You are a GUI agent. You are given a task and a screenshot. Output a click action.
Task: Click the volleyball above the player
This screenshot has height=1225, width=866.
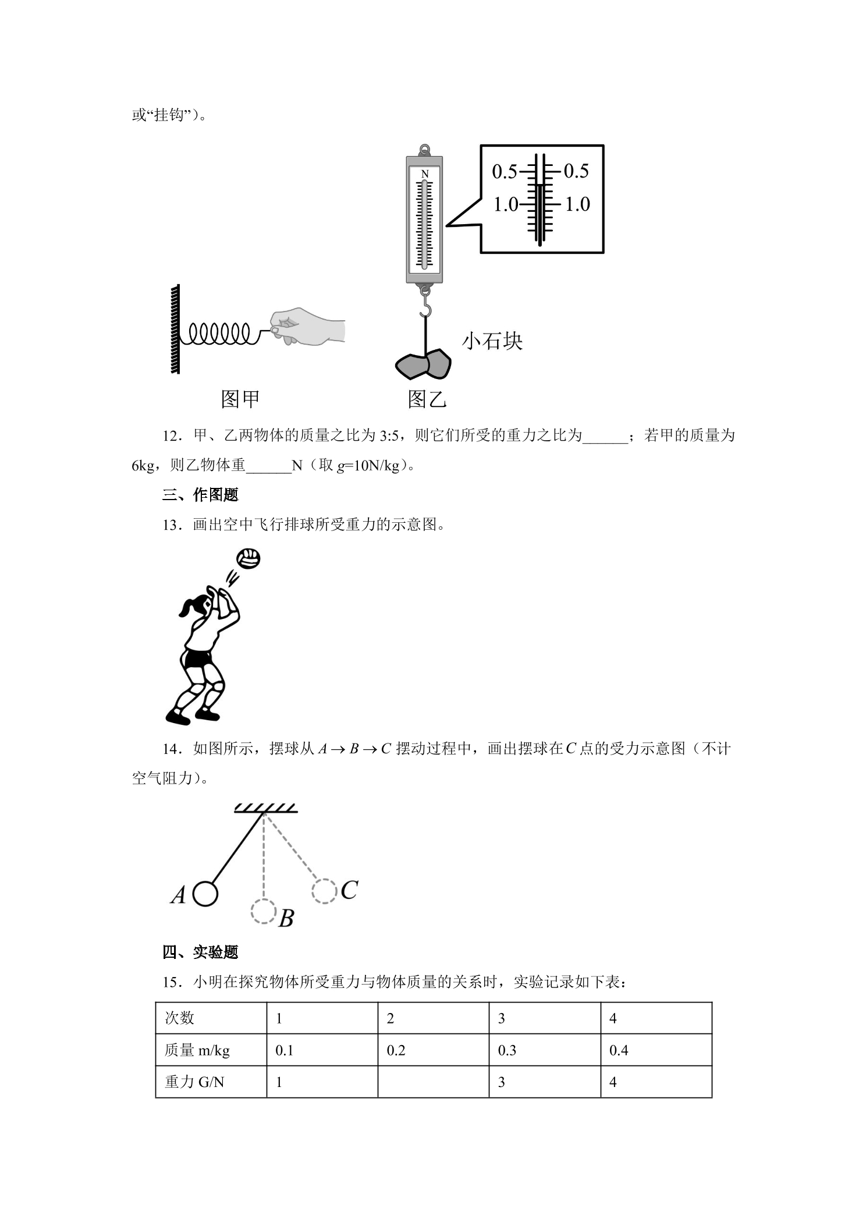[249, 559]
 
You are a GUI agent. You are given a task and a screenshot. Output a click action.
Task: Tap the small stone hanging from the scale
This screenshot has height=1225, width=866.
[423, 364]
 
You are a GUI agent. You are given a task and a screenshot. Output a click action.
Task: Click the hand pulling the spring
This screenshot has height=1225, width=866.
[307, 327]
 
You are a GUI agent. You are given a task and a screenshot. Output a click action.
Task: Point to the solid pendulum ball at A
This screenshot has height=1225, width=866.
[205, 894]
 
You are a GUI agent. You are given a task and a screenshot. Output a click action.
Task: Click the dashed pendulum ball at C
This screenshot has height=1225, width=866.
[324, 891]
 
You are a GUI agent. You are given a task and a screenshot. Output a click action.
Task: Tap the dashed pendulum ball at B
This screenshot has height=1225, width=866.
[264, 911]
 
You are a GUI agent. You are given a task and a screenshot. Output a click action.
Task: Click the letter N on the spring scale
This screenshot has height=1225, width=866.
[425, 174]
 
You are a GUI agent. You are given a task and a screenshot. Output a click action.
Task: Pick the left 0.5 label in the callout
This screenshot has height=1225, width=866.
[505, 171]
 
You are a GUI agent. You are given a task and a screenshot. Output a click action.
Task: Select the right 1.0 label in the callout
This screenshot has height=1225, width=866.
[577, 204]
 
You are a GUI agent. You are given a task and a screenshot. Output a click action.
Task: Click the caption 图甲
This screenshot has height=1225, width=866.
[240, 399]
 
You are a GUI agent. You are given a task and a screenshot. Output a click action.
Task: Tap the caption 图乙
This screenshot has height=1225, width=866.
[427, 399]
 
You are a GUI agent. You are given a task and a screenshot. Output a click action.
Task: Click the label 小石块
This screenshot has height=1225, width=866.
[492, 341]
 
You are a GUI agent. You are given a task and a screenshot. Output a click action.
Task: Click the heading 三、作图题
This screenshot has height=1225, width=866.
[201, 495]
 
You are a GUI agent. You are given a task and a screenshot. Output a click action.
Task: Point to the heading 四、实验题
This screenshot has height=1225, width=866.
[201, 953]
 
